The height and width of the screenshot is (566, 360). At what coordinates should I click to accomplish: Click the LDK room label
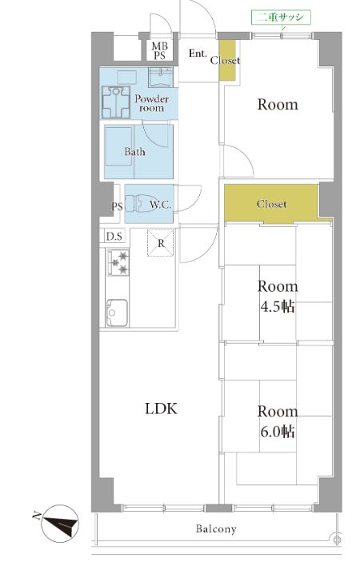click(x=161, y=409)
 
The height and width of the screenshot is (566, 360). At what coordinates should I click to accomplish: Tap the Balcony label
click(x=216, y=529)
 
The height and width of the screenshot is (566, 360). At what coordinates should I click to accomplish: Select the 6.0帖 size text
click(x=278, y=432)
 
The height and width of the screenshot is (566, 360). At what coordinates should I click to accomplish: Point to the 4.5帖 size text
click(x=278, y=306)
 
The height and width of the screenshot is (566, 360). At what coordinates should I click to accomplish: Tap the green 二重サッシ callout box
click(x=281, y=17)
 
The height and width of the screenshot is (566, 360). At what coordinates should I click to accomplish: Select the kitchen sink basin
click(x=117, y=313)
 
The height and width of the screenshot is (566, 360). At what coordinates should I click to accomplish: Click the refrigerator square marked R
click(x=161, y=243)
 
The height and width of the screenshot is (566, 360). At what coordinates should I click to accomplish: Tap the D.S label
click(x=114, y=237)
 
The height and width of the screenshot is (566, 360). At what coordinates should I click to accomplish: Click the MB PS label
click(x=159, y=51)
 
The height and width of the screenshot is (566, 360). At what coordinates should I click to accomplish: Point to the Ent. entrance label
click(x=198, y=54)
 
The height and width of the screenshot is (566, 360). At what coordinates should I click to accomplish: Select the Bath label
click(x=134, y=152)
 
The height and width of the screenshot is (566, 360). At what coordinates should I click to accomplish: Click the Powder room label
click(x=152, y=103)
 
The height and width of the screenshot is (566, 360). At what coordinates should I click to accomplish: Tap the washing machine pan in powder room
click(x=116, y=102)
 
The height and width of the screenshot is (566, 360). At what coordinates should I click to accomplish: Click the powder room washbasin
click(x=161, y=77)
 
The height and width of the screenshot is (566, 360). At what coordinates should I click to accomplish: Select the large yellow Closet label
click(x=271, y=204)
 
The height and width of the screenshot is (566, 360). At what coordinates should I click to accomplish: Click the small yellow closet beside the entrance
click(x=227, y=60)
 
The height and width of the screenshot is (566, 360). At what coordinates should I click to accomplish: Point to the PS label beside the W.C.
click(x=117, y=207)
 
